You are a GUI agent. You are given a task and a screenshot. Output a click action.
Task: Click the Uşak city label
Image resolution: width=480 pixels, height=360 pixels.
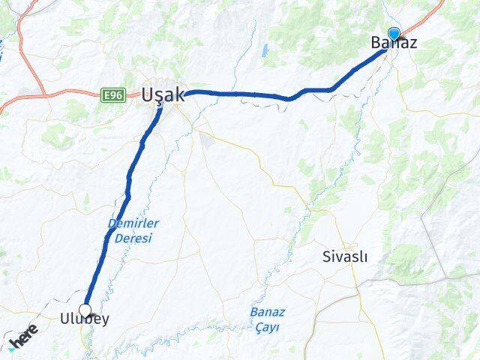point(160,95)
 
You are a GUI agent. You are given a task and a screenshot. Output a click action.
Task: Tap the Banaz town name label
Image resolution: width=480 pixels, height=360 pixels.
point(394,44)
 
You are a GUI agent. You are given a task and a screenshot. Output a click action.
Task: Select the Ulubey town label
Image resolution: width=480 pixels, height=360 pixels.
point(84,319)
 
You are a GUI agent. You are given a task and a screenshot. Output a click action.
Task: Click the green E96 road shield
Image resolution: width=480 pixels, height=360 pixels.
point(113,94)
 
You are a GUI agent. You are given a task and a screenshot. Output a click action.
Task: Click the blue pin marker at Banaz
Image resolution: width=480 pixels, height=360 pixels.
point(393,34)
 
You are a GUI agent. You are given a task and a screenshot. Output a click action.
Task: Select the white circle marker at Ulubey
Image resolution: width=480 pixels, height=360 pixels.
point(85,309)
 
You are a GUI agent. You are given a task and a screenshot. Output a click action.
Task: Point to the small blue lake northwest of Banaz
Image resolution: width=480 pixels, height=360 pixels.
point(265,51)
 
